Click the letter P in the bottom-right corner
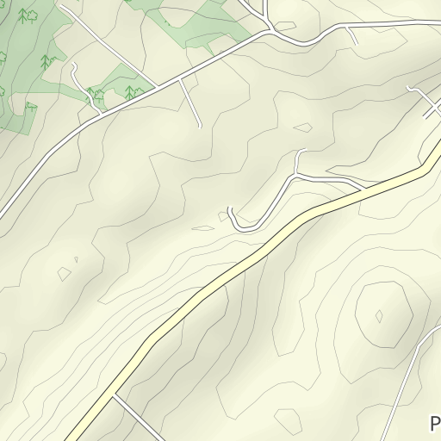click(435, 424)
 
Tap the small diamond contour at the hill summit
click(379, 316)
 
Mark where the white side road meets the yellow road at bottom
click(114, 397)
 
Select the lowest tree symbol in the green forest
click(30, 108)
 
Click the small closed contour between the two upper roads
click(302, 127)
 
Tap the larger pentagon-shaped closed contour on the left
click(64, 273)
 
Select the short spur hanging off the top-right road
click(351, 34)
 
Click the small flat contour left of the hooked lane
click(203, 228)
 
